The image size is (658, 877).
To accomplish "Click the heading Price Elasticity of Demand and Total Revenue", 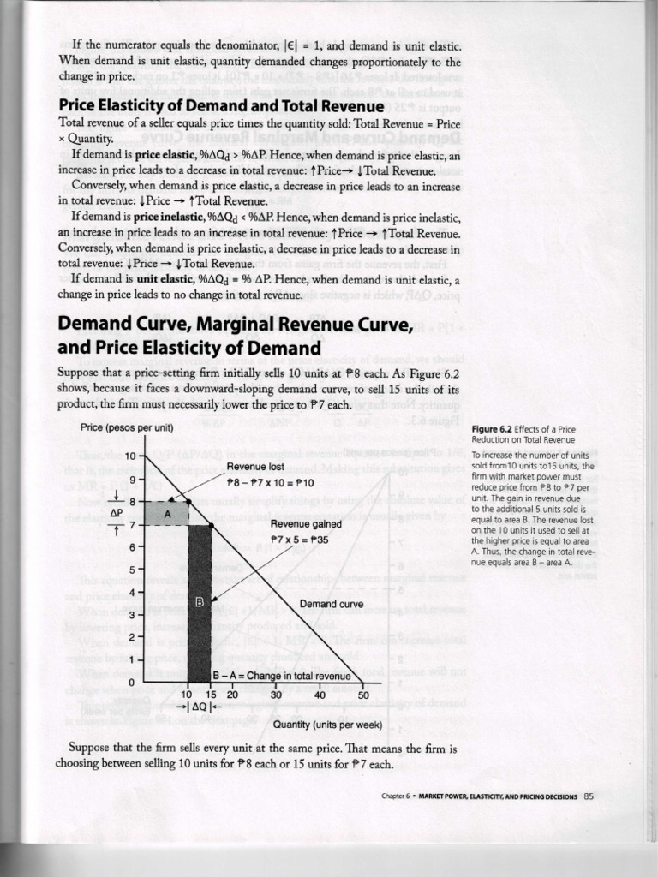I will (x=220, y=105).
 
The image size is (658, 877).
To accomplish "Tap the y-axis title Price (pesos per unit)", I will (x=127, y=427).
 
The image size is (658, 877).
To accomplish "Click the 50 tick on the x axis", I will (x=362, y=695).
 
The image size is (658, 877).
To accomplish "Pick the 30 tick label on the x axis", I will (x=276, y=695).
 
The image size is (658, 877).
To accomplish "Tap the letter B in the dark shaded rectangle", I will (x=199, y=602).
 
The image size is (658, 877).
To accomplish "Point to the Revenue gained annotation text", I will (x=306, y=524).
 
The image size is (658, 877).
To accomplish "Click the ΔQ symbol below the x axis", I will (x=199, y=707).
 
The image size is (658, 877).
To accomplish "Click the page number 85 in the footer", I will (x=588, y=796).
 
